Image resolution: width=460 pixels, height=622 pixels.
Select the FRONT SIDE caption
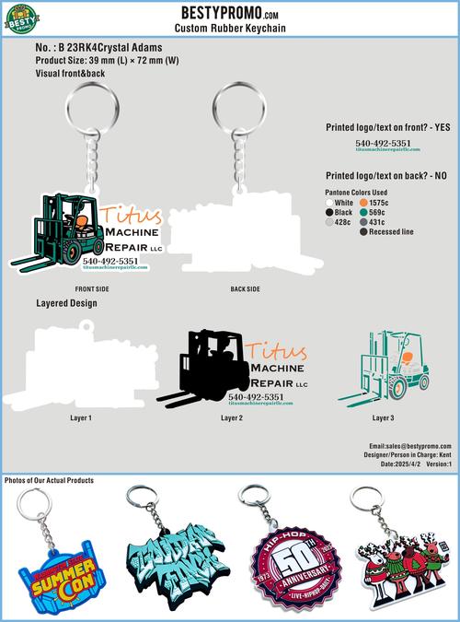[x=92, y=289]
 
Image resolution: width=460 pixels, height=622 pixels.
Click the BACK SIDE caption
[x=245, y=289]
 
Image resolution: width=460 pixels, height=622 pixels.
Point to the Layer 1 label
[x=81, y=418]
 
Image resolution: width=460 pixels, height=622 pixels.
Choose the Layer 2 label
[x=232, y=418]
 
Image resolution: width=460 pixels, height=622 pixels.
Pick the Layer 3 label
[x=384, y=418]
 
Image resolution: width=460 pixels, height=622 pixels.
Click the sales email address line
[x=408, y=445]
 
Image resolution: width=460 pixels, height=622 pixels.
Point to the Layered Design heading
[x=66, y=303]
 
